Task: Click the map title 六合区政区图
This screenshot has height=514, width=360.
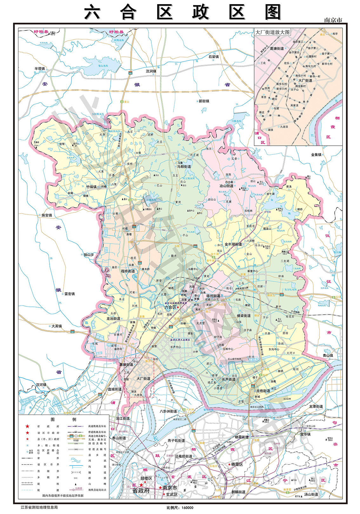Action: tap(183, 12)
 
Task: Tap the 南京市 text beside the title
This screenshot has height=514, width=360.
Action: tap(333, 20)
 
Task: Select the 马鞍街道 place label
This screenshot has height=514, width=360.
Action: tap(184, 167)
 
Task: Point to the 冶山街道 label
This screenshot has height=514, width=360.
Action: tap(226, 186)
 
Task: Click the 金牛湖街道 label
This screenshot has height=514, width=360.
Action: tap(233, 244)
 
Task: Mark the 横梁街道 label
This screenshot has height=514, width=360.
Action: tap(244, 316)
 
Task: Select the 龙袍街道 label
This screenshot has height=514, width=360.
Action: tap(263, 391)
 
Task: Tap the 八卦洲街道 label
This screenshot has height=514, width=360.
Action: tap(168, 411)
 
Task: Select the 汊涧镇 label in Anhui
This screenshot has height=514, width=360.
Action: tap(151, 71)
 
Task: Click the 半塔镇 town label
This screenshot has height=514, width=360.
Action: tap(40, 69)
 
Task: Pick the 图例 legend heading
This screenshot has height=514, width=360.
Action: tap(63, 419)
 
